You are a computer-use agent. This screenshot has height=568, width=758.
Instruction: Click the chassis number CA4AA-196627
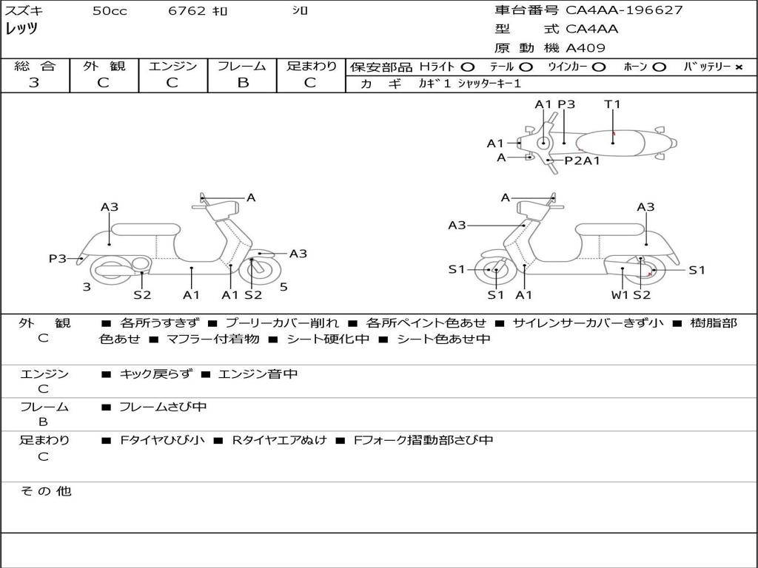coord(624,10)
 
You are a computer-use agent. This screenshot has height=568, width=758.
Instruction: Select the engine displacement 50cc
coord(109,11)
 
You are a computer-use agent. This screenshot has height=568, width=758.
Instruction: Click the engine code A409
coord(586,48)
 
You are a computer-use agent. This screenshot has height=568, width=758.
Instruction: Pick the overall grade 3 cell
coord(34,83)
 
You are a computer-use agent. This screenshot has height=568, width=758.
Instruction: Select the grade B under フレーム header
coord(242,83)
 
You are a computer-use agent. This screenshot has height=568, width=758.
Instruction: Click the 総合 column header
coord(35,67)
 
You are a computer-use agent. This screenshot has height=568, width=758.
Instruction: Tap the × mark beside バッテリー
coord(738,67)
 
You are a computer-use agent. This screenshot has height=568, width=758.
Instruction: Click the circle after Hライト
coord(468,67)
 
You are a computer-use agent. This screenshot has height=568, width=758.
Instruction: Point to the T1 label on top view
coord(612,104)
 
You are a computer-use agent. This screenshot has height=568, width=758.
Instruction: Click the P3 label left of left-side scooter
coord(58,258)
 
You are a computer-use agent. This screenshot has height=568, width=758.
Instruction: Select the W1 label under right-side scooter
coord(620,295)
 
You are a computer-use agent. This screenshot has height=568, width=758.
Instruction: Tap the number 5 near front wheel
coord(284,287)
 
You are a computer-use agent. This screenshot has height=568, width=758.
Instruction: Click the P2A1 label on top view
coord(583,160)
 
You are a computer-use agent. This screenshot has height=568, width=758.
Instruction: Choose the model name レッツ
coord(21,29)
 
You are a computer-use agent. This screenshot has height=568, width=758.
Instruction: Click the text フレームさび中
coord(163,407)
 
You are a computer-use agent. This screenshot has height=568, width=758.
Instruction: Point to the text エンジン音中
coord(258,374)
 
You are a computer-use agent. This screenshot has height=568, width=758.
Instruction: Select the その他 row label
coord(45,491)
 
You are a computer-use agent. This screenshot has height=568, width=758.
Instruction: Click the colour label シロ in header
coord(301,11)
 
